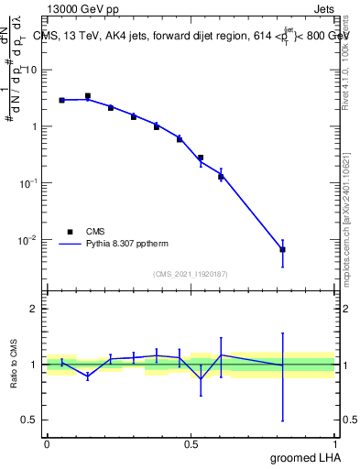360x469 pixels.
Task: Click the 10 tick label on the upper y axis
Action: click(29, 70)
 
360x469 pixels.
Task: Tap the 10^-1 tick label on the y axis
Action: click(27, 182)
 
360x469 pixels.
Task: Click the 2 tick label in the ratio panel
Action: click(34, 309)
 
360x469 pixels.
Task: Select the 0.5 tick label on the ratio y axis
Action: click(29, 420)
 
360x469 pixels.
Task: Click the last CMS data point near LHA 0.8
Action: click(283, 249)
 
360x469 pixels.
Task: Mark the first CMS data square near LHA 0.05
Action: click(61, 100)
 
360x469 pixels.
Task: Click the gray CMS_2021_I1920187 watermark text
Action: click(191, 273)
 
